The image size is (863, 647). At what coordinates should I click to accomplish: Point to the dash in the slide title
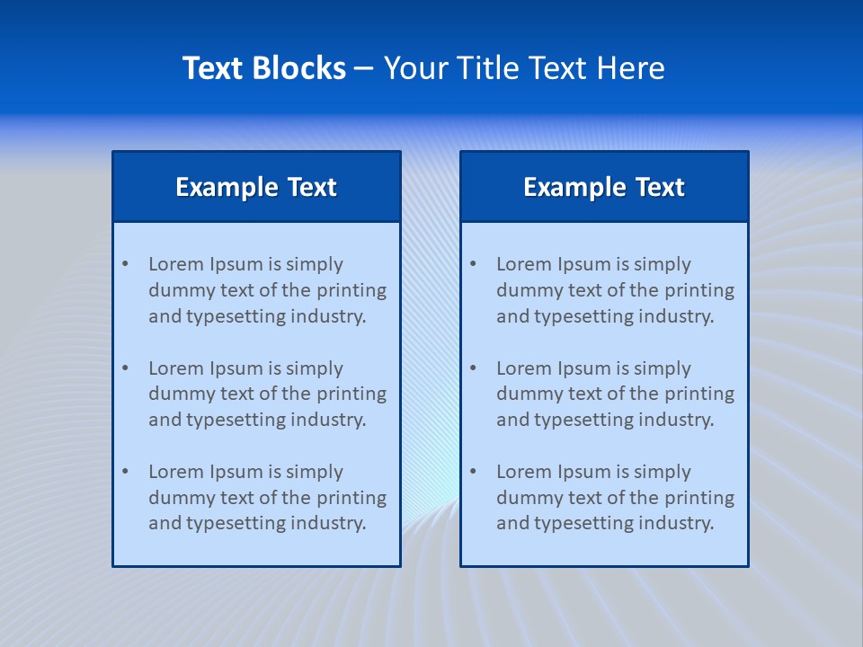(x=364, y=69)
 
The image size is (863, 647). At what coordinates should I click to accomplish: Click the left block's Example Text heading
(x=256, y=187)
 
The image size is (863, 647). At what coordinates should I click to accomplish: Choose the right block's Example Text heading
(x=604, y=187)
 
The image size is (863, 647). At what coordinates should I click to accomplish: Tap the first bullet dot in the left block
(x=125, y=264)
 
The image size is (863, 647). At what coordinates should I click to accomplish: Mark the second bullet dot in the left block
(x=125, y=368)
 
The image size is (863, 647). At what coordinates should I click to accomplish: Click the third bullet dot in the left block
(x=125, y=472)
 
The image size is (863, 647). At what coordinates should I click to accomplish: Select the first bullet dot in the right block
(x=473, y=264)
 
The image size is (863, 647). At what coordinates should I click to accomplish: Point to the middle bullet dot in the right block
(x=473, y=368)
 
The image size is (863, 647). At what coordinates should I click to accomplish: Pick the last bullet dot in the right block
(x=473, y=472)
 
